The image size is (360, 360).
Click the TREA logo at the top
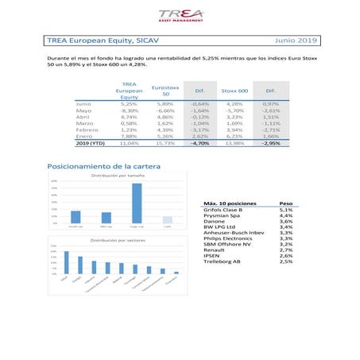point(179,15)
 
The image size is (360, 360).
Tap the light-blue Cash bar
point(167,220)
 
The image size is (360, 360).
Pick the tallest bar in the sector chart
point(66,263)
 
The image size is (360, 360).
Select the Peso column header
point(285,203)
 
